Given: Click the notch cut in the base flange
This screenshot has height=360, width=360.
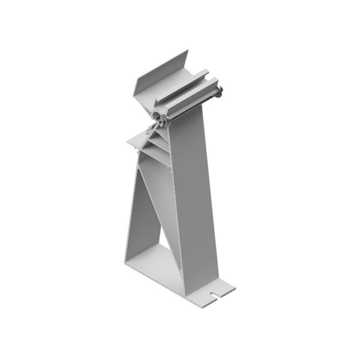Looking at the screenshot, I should click(214, 294).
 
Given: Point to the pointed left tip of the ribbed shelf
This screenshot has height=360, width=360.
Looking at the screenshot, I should click(128, 142).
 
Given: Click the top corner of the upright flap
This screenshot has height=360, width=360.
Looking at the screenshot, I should click(188, 53).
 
